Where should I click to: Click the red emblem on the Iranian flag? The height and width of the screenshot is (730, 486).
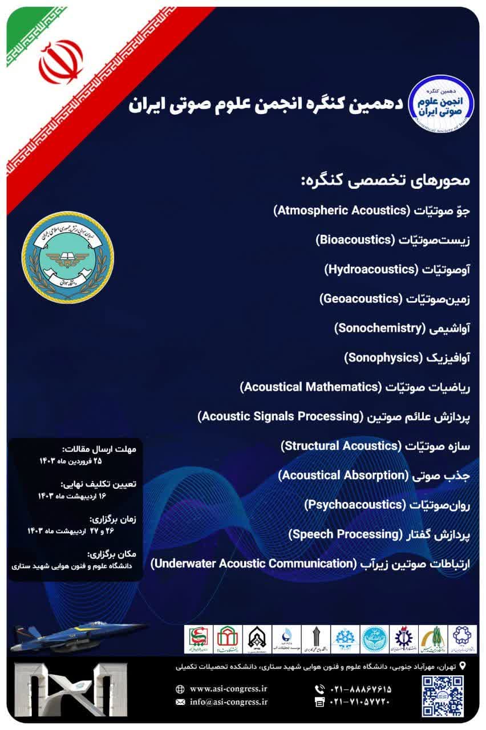coord(60,62)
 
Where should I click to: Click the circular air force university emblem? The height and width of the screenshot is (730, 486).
coord(68,257)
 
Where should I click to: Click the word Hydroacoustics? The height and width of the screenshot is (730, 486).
coord(368,269)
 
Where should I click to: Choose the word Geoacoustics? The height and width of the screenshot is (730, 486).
coord(361,298)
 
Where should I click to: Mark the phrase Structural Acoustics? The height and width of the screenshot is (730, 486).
coord(341,445)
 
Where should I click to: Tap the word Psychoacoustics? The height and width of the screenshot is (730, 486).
coord(354,504)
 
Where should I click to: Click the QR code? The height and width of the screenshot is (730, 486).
coord(443,695)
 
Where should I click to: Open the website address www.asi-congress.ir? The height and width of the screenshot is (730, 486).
coord(229,688)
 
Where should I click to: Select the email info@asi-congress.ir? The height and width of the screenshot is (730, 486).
coord(229,702)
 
